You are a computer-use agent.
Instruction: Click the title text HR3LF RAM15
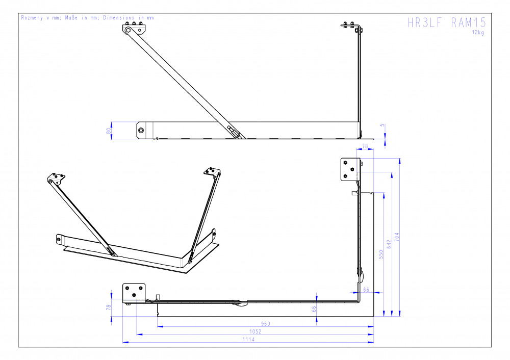(447, 22)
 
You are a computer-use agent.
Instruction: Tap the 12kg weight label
(478, 33)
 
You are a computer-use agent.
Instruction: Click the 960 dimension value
(265, 324)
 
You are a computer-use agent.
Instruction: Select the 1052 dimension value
(256, 331)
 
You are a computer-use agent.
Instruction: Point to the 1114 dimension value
(248, 339)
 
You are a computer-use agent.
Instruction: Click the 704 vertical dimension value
(396, 237)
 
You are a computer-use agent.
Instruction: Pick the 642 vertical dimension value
(389, 245)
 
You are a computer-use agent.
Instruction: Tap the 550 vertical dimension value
(381, 254)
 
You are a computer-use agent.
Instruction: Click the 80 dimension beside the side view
(109, 131)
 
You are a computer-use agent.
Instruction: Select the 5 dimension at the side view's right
(382, 125)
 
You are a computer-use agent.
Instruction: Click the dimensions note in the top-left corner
(87, 17)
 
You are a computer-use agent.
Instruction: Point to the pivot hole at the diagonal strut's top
(128, 30)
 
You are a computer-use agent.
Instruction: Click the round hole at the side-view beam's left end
(141, 131)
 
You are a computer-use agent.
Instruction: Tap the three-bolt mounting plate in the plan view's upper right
(350, 169)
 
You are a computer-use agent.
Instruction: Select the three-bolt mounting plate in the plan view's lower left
(134, 293)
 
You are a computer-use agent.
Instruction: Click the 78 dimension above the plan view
(365, 146)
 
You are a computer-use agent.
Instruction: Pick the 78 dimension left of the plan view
(109, 307)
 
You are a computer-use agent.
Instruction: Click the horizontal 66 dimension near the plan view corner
(366, 290)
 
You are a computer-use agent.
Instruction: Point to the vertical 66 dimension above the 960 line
(314, 309)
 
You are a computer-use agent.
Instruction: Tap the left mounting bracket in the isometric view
(56, 178)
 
